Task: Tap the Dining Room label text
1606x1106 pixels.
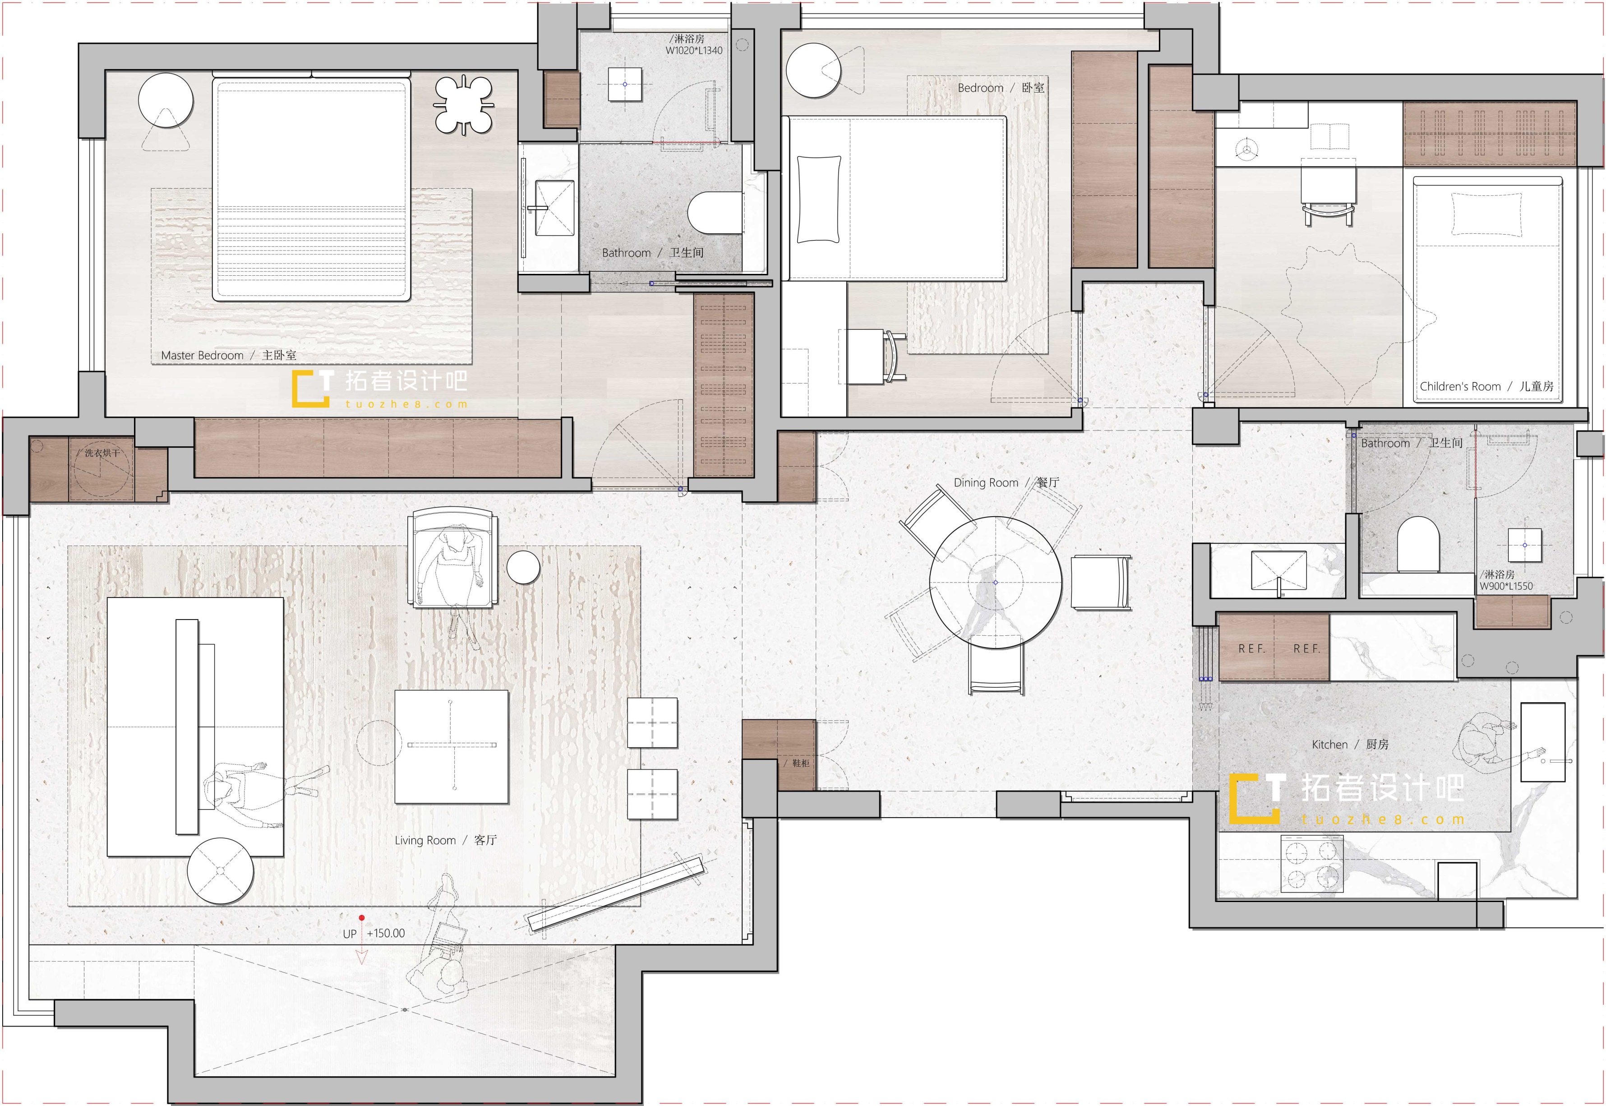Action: pyautogui.click(x=1006, y=482)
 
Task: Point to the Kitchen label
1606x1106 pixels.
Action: pyautogui.click(x=1350, y=744)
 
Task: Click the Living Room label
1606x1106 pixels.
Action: pyautogui.click(x=446, y=840)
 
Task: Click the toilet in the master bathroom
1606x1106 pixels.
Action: pyautogui.click(x=715, y=212)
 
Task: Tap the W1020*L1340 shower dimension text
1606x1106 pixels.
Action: pyautogui.click(x=693, y=51)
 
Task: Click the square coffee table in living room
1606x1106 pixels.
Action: pyautogui.click(x=452, y=746)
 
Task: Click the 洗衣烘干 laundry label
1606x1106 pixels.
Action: pyautogui.click(x=102, y=453)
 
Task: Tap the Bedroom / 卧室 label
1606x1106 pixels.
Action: pyautogui.click(x=1001, y=88)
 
